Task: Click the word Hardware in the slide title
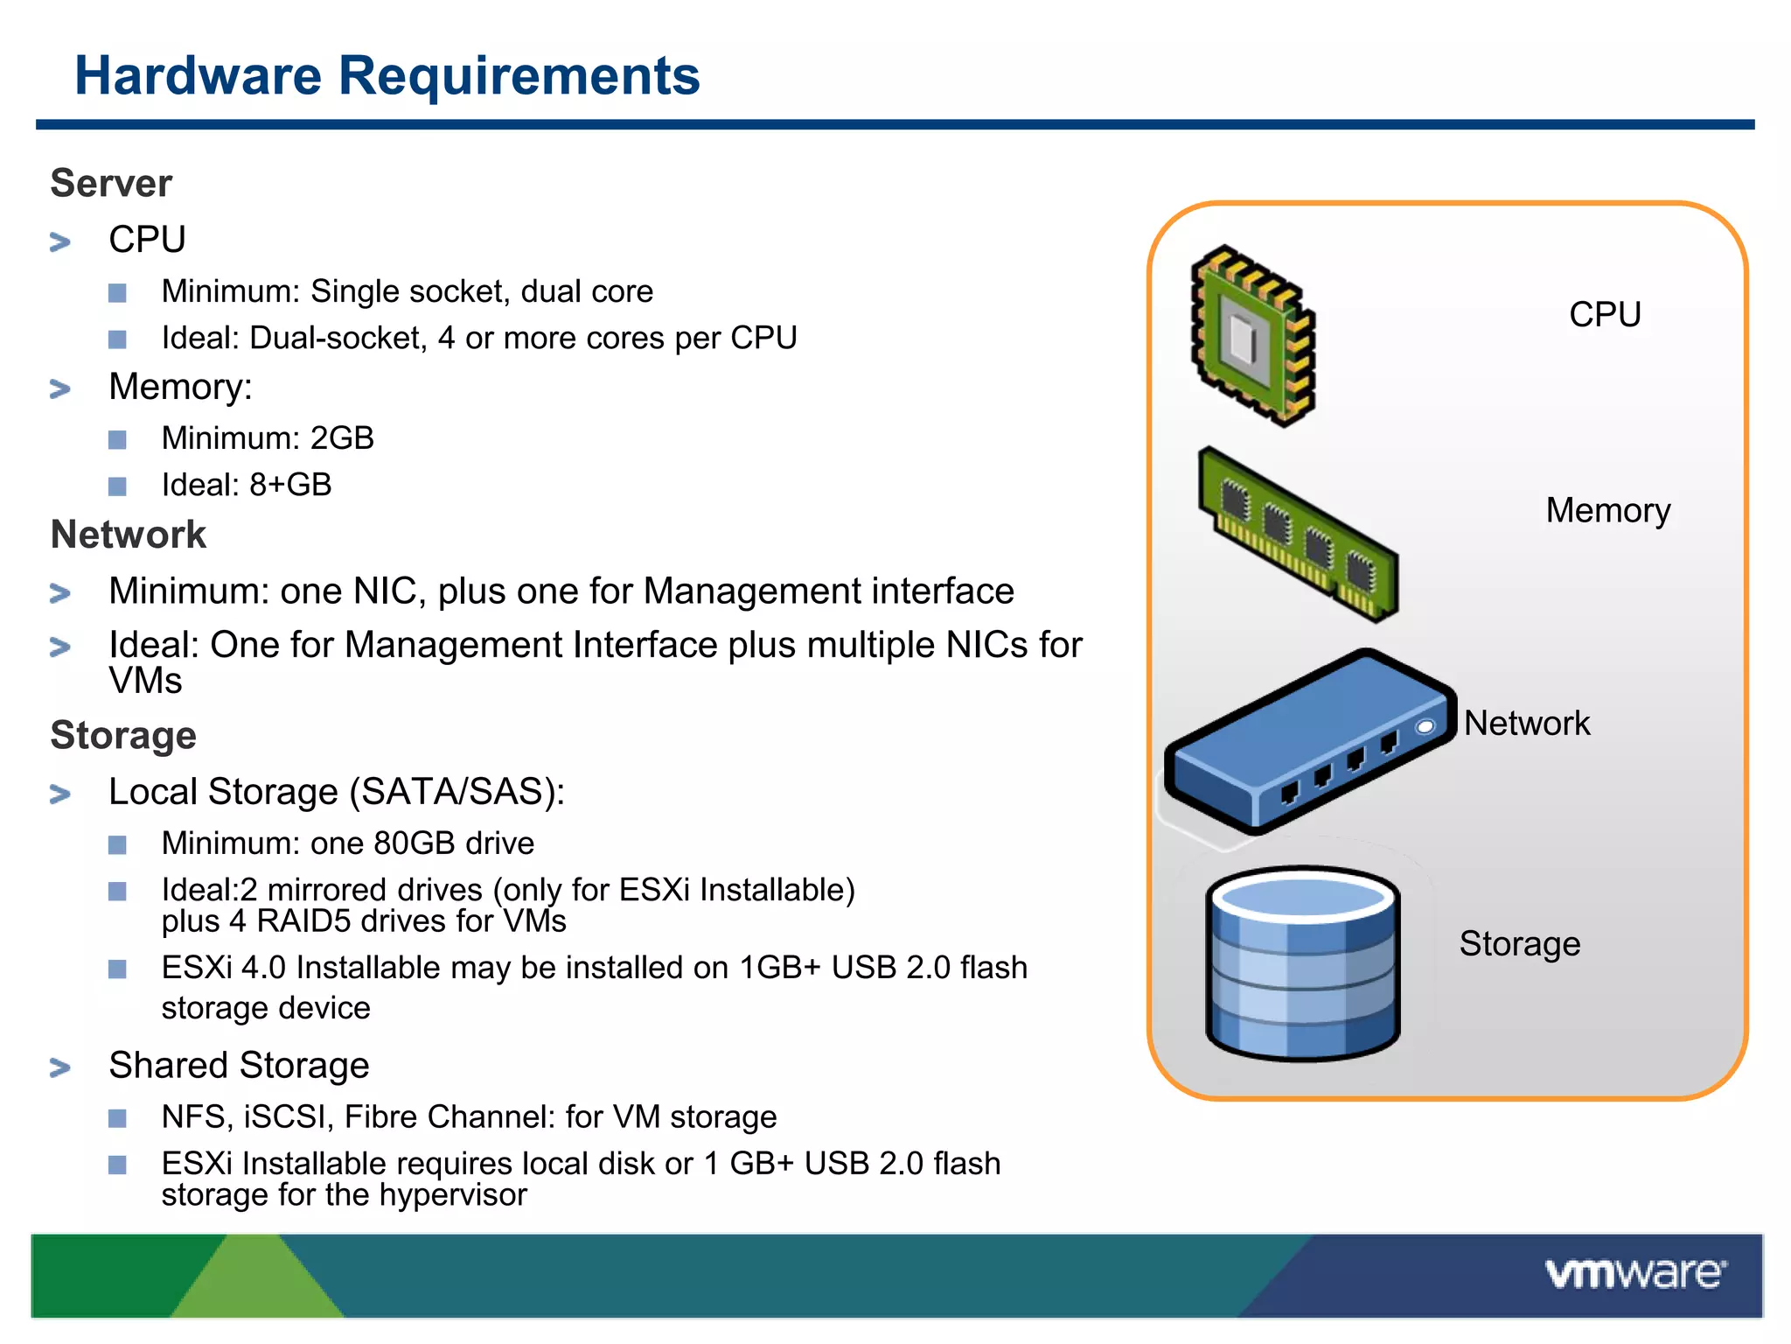pyautogui.click(x=198, y=76)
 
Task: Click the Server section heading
pyautogui.click(x=111, y=184)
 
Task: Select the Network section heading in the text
pyautogui.click(x=129, y=535)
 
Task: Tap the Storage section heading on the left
pyautogui.click(x=123, y=735)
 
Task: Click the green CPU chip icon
pyautogui.click(x=1252, y=336)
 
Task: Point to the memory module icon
pyautogui.click(x=1298, y=535)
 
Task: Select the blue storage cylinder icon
pyautogui.click(x=1303, y=962)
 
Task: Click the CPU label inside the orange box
pyautogui.click(x=1605, y=315)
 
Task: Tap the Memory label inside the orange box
pyautogui.click(x=1607, y=511)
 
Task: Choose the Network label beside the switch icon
pyautogui.click(x=1527, y=724)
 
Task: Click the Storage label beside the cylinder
pyautogui.click(x=1520, y=944)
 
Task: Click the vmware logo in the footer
pyautogui.click(x=1634, y=1274)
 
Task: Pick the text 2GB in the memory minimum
pyautogui.click(x=342, y=438)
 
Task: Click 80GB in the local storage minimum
pyautogui.click(x=414, y=843)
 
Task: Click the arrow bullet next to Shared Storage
pyautogui.click(x=60, y=1067)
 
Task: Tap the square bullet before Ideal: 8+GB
pyautogui.click(x=117, y=486)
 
